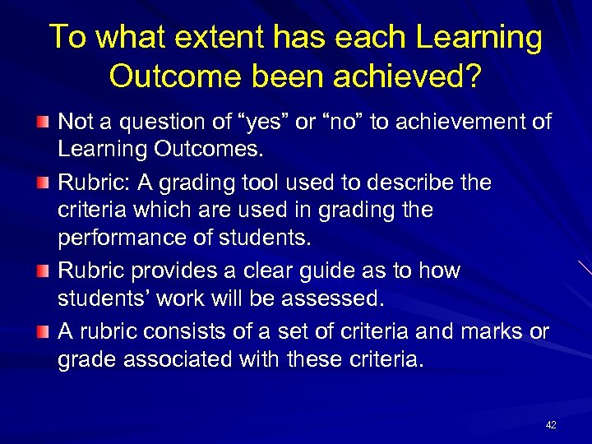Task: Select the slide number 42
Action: coord(551,424)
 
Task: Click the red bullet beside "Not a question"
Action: coord(44,123)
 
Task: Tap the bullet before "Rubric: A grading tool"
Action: coord(44,183)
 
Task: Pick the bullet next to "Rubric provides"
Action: coord(44,271)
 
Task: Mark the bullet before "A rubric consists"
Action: coord(44,331)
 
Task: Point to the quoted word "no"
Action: coord(337,123)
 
